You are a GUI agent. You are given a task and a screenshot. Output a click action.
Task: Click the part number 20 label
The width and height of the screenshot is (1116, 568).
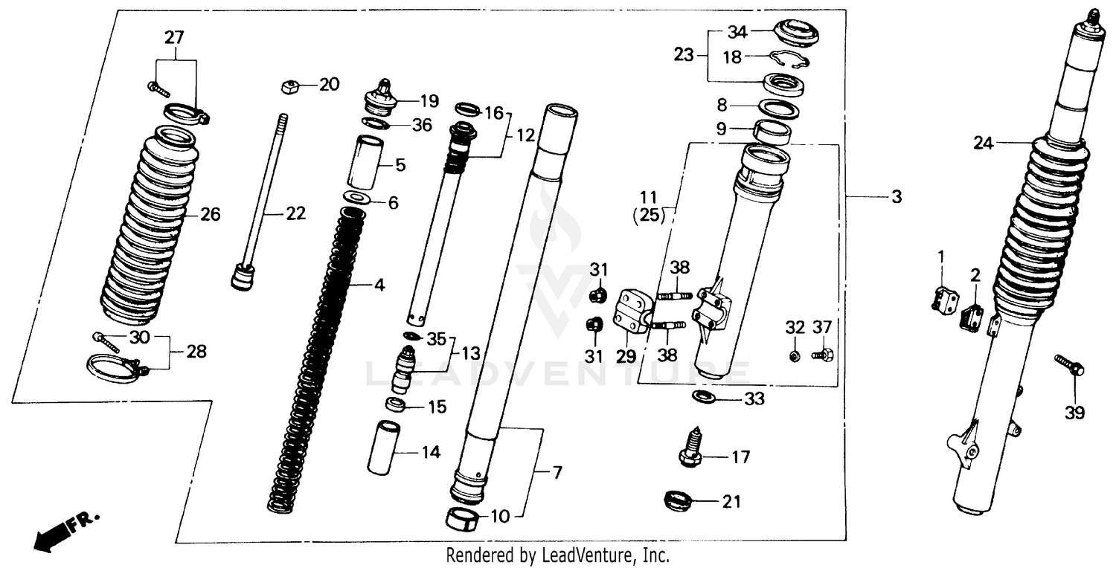tap(328, 85)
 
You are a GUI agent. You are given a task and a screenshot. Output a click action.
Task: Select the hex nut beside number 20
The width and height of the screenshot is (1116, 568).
tap(290, 86)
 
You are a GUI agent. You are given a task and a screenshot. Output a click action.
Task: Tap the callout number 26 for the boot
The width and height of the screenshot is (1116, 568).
tap(210, 215)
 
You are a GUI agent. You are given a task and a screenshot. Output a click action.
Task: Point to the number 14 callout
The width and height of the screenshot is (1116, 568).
tap(429, 452)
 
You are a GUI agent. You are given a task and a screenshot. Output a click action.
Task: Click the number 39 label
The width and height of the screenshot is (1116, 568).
tap(1074, 413)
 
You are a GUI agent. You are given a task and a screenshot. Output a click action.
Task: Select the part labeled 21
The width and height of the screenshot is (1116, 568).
tap(679, 502)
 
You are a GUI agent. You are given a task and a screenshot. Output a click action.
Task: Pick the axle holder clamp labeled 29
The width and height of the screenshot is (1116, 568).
tap(630, 312)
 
